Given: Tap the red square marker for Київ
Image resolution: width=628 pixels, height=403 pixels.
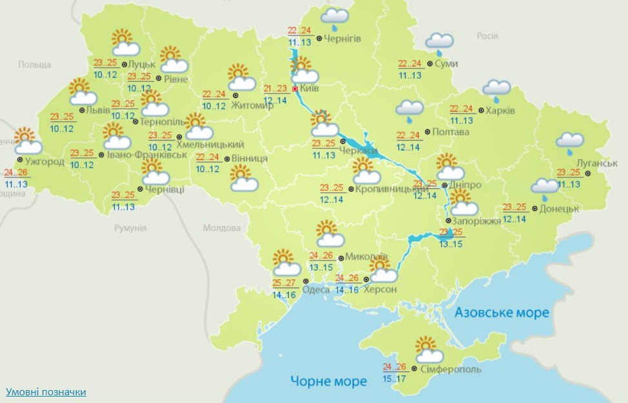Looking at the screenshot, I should pos(295,89).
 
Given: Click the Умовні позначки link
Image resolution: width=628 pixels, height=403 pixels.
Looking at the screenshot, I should pos(46,391).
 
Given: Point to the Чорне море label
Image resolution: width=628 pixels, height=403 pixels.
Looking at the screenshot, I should pos(328,380).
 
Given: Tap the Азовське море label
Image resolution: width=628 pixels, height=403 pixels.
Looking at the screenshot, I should pos(502,313).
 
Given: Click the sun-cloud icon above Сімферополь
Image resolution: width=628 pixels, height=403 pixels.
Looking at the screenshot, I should pos(429,349).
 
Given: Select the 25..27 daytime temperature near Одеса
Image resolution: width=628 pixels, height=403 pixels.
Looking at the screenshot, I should pos(284,283).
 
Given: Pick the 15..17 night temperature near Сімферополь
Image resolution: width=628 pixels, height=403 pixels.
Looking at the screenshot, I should pos(394,378).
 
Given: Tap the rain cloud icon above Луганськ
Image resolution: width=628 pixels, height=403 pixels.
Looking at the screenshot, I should pos(571,143).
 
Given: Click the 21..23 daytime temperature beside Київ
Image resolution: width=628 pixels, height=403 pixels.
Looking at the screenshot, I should pos(275,89).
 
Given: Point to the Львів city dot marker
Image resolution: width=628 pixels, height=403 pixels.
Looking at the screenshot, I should pos(81,110).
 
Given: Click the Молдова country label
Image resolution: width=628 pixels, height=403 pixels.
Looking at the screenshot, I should pos(221,228).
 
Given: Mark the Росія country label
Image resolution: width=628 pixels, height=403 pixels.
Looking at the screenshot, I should pos(487,36).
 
